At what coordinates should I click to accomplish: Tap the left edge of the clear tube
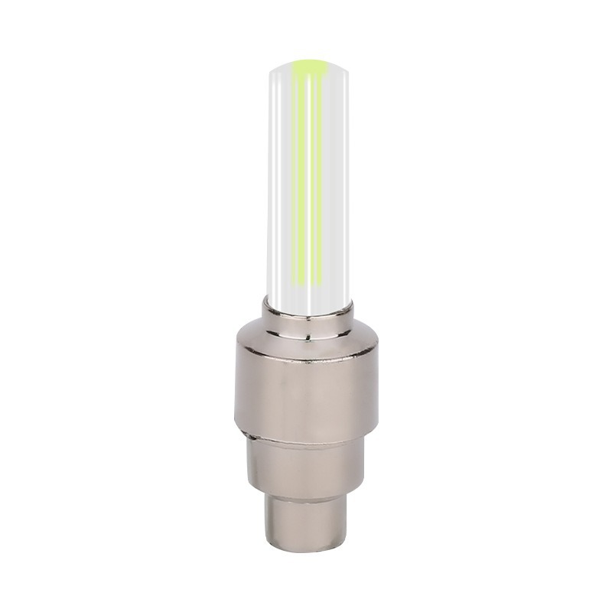269,184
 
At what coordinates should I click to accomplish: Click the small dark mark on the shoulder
308,334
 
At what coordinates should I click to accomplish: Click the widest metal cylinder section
306,390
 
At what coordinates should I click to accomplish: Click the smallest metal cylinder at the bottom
306,524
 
